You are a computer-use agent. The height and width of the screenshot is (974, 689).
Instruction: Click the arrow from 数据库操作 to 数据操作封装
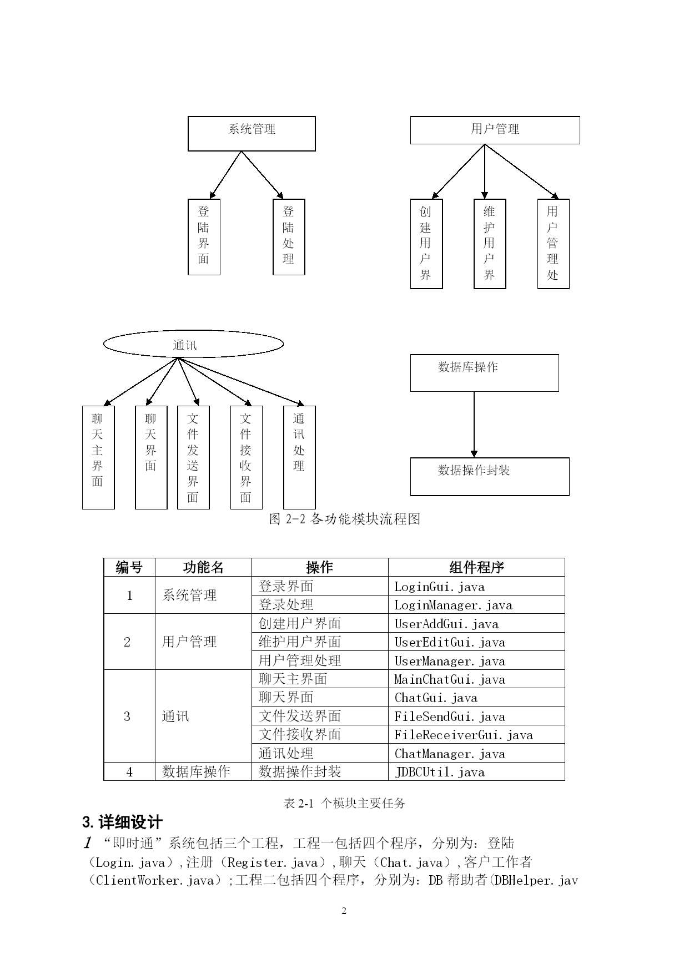[474, 425]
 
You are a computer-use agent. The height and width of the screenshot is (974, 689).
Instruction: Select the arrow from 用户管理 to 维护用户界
[485, 171]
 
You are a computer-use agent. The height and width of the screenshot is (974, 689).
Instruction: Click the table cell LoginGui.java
[476, 586]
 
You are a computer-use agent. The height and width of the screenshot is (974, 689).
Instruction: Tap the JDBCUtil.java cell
[476, 771]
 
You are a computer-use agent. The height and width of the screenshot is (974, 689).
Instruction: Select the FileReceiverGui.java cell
[476, 734]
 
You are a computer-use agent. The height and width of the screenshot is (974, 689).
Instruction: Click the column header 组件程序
[476, 567]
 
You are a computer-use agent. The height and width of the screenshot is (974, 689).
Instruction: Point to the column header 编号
[129, 567]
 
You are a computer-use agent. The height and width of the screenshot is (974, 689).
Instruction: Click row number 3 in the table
[127, 716]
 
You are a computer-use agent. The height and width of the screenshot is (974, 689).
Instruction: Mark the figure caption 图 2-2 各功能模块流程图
[345, 519]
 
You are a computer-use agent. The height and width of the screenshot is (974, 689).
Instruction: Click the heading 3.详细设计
[123, 822]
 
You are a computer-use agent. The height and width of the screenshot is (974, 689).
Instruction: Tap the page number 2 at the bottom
[344, 911]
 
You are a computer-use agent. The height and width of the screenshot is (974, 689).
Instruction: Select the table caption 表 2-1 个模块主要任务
[345, 803]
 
